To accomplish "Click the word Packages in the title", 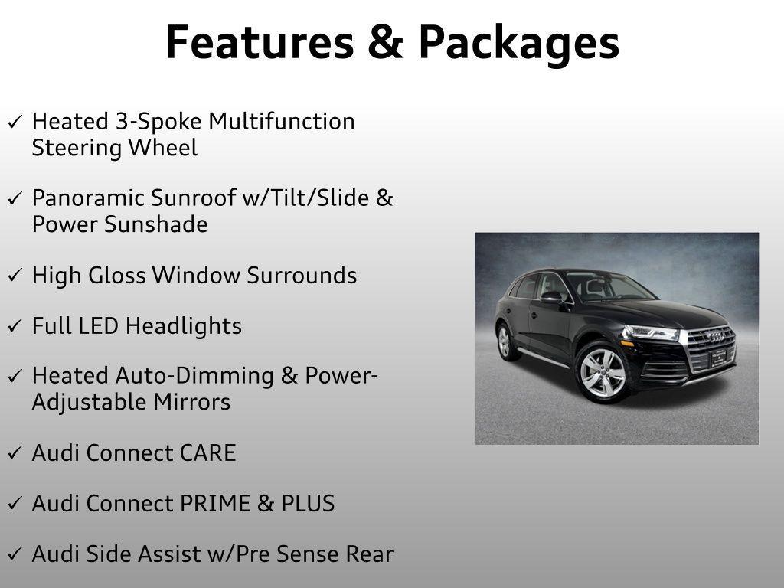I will click(x=518, y=44).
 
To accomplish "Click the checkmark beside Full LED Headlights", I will click(x=15, y=327).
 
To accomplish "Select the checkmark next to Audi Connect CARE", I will click(x=15, y=454).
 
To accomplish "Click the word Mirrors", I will click(x=194, y=401).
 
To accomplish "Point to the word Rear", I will click(x=368, y=554).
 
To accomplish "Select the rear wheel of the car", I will click(x=505, y=341).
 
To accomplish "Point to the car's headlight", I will click(x=650, y=333).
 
